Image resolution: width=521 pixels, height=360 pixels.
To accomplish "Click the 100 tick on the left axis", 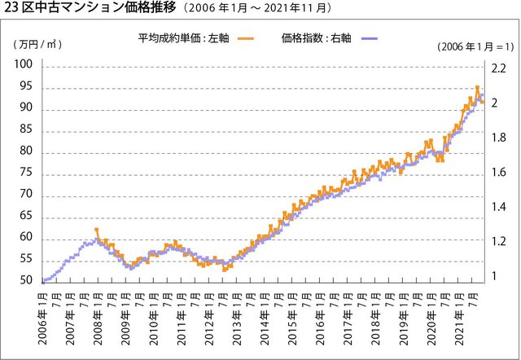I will click(24, 66).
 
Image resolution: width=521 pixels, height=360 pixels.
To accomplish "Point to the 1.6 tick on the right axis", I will click(499, 173).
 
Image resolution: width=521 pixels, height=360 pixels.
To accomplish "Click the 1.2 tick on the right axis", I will click(499, 242).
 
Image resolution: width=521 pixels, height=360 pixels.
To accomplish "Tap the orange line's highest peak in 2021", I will click(478, 87).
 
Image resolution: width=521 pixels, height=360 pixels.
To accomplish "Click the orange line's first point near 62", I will click(97, 230).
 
